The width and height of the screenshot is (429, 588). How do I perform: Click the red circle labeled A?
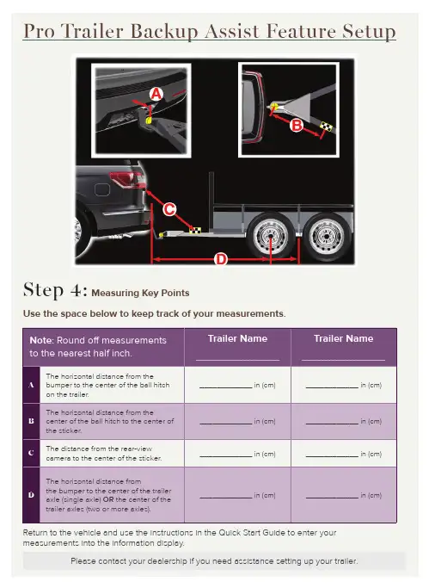[x=156, y=94]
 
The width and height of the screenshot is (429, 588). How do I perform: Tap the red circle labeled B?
[x=297, y=125]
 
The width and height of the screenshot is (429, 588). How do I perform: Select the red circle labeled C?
[x=169, y=209]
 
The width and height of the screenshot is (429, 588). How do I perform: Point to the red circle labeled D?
[x=220, y=259]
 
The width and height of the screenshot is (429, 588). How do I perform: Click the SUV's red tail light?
[x=127, y=179]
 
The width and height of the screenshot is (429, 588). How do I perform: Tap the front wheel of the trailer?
[x=270, y=236]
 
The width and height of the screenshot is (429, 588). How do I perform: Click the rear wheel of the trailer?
[x=327, y=236]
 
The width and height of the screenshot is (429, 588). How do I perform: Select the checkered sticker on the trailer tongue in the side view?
[x=195, y=230]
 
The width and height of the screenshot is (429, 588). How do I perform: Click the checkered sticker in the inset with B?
[x=326, y=127]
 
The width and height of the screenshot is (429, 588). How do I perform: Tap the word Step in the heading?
[x=44, y=290]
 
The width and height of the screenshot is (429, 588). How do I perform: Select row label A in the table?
[x=32, y=385]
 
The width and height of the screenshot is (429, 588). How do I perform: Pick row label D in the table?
[x=32, y=495]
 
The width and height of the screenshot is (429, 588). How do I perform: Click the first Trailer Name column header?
[x=237, y=338]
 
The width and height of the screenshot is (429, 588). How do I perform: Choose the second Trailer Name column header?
[x=344, y=338]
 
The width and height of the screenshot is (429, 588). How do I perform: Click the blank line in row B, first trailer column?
[x=226, y=424]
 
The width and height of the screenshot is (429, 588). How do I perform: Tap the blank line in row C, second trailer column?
[x=332, y=456]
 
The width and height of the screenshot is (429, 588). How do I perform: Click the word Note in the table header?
[x=42, y=340]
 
